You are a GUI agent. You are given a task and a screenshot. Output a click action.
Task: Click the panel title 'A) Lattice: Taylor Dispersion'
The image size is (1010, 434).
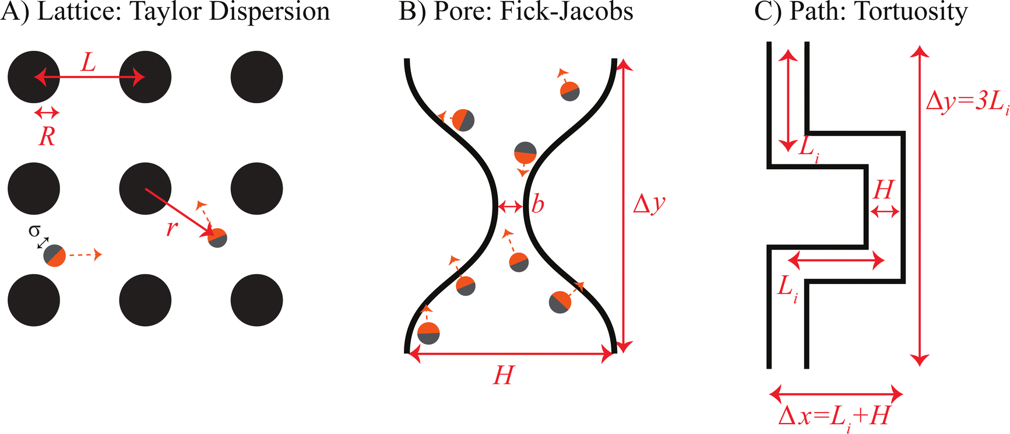(166, 12)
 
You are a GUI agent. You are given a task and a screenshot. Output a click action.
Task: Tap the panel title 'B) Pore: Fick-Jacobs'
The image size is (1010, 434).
(516, 12)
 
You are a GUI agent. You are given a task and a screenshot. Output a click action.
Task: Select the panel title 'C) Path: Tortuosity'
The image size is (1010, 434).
(861, 12)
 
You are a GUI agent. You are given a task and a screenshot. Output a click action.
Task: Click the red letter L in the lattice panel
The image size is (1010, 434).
(88, 62)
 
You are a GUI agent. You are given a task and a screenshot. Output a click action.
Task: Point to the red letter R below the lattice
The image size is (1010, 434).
(47, 136)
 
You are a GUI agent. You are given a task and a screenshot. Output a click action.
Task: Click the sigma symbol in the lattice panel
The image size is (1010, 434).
(34, 231)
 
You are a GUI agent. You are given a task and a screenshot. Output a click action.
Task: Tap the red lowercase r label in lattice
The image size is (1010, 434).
(171, 228)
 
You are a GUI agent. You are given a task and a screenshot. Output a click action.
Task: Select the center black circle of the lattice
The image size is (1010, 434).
(145, 188)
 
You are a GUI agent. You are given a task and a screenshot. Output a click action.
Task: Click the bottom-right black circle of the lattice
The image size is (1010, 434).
(257, 300)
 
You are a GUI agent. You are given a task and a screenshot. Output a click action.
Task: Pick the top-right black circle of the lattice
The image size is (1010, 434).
(257, 77)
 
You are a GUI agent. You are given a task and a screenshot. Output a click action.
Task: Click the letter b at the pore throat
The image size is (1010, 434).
(537, 204)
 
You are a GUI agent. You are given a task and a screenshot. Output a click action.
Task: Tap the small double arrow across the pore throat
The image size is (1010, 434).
(511, 206)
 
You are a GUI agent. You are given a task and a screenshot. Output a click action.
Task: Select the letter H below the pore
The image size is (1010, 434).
(504, 376)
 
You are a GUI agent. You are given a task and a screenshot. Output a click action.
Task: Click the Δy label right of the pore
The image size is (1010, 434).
(649, 204)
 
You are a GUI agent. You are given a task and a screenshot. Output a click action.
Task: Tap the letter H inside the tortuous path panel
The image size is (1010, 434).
(884, 190)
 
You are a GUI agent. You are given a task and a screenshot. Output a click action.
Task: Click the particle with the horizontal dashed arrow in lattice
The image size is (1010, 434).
(55, 256)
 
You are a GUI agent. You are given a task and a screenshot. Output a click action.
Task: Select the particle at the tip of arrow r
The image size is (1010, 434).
(217, 238)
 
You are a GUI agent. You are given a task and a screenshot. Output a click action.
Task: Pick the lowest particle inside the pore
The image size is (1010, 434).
(428, 333)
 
